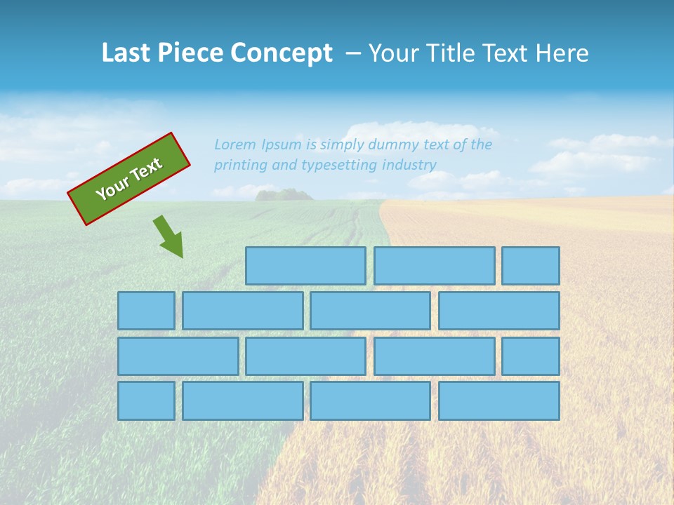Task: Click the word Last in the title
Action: [127, 53]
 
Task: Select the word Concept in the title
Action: [282, 53]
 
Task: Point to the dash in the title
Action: [352, 53]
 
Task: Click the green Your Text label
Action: [129, 179]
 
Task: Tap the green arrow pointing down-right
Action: [168, 236]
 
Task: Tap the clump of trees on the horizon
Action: [284, 194]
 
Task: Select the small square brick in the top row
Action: [531, 266]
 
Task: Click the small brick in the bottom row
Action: [146, 400]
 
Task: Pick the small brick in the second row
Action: [146, 311]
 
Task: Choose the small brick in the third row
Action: [531, 356]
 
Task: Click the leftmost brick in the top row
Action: [305, 266]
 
